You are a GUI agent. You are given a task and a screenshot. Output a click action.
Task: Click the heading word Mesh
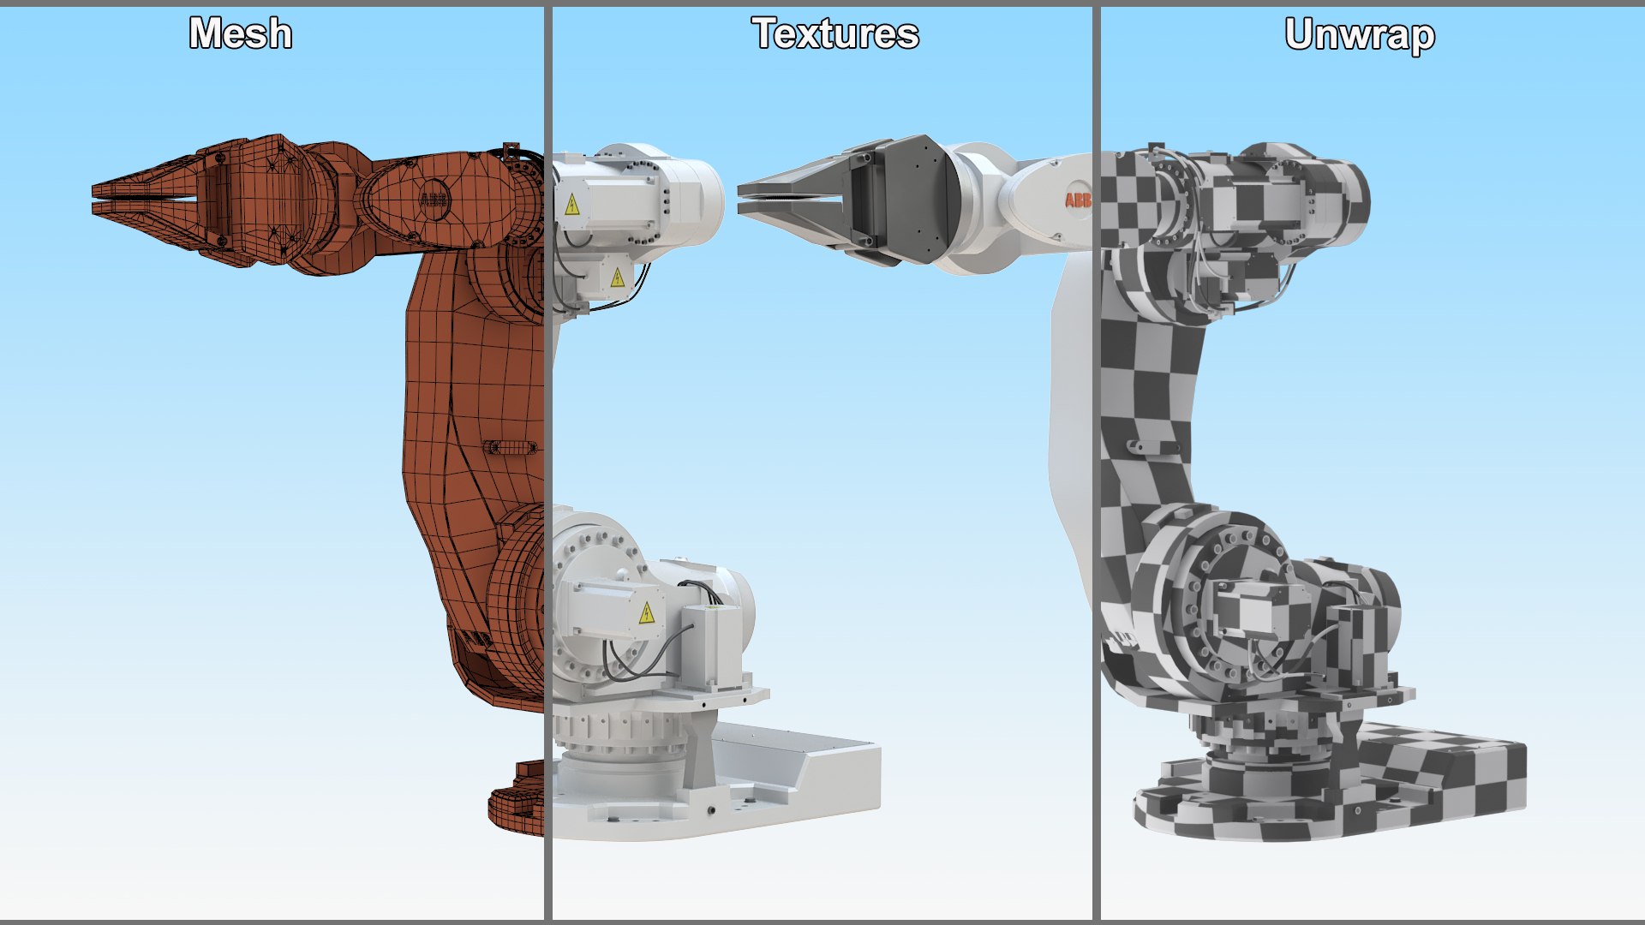(241, 34)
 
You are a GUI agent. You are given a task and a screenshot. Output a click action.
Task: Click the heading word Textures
(835, 34)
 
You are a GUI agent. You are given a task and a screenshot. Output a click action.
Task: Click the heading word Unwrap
(1360, 35)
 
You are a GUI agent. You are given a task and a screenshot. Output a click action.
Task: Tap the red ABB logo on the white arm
(1076, 200)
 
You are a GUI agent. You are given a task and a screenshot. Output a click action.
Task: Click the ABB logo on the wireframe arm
(434, 200)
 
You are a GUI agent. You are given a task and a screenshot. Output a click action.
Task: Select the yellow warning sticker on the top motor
(572, 205)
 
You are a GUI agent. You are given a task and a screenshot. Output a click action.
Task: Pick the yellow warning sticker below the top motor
(617, 277)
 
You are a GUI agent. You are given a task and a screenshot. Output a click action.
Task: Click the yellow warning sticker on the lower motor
(647, 613)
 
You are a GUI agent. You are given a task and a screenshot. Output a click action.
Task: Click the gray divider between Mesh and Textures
(547, 462)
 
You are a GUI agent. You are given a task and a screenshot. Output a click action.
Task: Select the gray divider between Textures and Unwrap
(1096, 462)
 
